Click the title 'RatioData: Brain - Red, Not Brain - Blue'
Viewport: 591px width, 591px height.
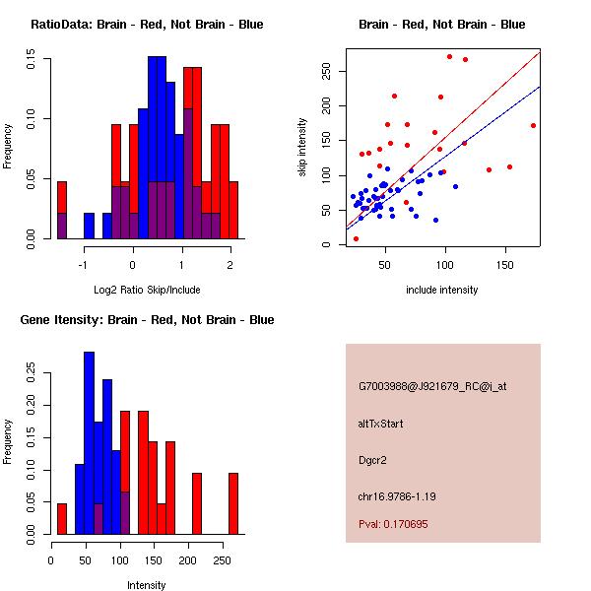(147, 24)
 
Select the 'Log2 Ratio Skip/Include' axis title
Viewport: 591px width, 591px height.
(147, 289)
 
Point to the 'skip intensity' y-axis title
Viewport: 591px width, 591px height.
(302, 148)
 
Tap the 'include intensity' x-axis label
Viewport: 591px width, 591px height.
(442, 290)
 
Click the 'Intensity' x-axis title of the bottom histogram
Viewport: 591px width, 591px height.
(147, 585)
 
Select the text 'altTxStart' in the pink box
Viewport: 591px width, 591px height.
(381, 424)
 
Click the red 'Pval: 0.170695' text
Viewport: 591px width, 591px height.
(393, 524)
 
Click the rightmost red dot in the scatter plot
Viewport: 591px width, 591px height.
(533, 125)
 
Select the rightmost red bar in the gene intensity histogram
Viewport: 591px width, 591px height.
(233, 503)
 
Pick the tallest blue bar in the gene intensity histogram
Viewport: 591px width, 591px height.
(90, 442)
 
